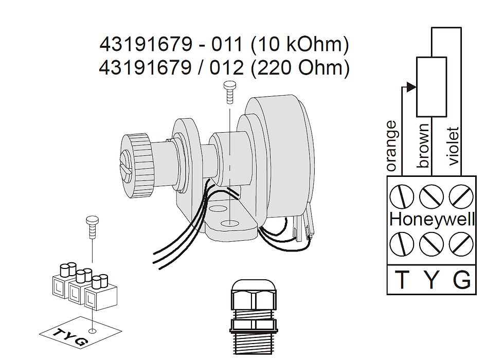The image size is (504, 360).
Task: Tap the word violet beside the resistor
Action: tap(453, 146)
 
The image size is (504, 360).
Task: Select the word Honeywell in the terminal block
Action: tap(432, 219)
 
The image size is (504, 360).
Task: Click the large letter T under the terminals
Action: tap(402, 280)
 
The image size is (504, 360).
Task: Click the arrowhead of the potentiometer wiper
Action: tap(410, 87)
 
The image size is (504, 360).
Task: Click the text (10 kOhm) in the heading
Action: tap(300, 45)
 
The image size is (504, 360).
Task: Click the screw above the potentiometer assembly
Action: tap(229, 92)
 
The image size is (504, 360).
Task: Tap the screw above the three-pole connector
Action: tap(92, 225)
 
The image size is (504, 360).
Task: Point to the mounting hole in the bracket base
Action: tap(229, 224)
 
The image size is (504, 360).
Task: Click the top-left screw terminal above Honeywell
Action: tap(402, 196)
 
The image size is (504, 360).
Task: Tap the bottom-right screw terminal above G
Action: tap(461, 243)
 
